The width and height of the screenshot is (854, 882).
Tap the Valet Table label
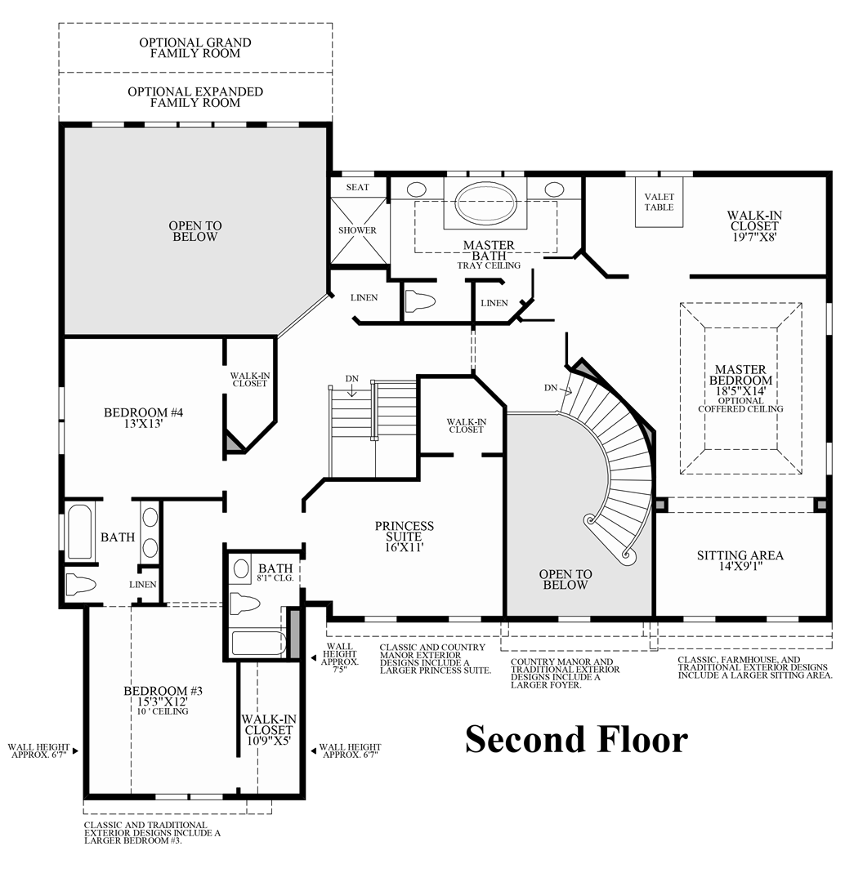659,202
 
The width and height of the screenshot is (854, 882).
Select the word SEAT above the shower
357,187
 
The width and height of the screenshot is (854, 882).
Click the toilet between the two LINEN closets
419,301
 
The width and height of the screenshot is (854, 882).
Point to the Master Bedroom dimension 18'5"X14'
740,392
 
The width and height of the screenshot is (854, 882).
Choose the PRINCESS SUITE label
405,532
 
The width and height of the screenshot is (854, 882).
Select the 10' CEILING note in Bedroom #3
163,711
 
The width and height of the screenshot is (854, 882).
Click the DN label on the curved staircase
550,387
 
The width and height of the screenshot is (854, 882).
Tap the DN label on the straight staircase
351,379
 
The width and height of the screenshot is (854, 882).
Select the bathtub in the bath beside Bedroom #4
80,532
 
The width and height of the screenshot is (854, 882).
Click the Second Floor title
576,739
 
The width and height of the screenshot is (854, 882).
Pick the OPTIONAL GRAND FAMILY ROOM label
195,47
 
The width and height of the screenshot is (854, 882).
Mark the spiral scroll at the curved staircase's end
628,555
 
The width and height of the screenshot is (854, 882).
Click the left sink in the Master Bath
416,189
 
